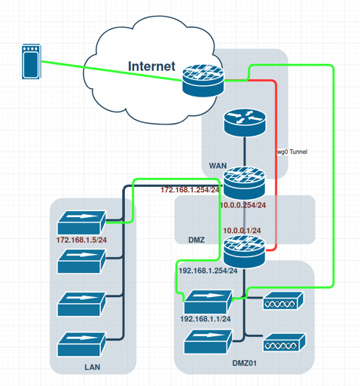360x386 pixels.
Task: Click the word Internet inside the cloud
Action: [151, 66]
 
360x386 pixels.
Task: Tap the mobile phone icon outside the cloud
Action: [32, 62]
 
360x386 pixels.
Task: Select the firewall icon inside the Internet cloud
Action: [203, 81]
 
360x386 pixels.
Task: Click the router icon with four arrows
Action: [245, 122]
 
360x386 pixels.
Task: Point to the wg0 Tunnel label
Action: [292, 152]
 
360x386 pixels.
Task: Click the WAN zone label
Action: [218, 166]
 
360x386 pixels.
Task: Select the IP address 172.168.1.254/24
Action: [190, 190]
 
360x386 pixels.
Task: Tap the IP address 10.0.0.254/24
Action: [243, 205]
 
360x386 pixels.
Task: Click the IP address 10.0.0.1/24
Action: [242, 231]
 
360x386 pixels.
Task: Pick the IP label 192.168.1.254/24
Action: [208, 271]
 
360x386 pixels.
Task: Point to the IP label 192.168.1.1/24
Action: [206, 319]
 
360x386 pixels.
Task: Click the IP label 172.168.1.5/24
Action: [81, 240]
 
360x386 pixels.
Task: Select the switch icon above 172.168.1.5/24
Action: [81, 222]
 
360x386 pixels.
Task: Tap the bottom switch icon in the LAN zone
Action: [81, 344]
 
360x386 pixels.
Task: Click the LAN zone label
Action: [93, 367]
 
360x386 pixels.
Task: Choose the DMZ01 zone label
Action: [244, 363]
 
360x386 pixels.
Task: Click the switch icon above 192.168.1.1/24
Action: [209, 302]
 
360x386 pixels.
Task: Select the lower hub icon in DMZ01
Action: [285, 342]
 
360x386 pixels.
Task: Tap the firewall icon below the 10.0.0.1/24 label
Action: [244, 251]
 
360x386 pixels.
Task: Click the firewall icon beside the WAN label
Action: [244, 182]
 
